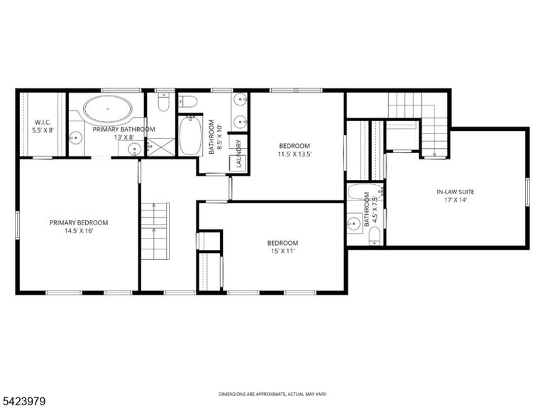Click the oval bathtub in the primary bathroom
tap(108, 109)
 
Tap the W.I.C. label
tap(43, 122)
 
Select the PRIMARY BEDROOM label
tap(79, 222)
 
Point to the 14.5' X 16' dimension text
tap(79, 231)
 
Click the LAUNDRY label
tap(238, 154)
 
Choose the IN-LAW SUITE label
tap(456, 192)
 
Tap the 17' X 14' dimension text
tap(456, 200)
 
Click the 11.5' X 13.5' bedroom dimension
tap(294, 154)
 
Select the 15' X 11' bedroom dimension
tap(282, 251)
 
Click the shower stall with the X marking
tap(161, 147)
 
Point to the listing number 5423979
tap(23, 402)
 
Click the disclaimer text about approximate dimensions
tap(272, 394)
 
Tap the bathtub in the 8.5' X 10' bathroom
tap(190, 135)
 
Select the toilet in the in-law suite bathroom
tap(375, 237)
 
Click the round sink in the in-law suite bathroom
tap(355, 222)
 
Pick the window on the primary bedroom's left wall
tap(17, 225)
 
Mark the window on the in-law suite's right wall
tap(527, 192)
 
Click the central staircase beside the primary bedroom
tap(155, 231)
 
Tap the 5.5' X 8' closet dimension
tap(43, 131)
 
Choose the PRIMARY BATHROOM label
tap(123, 130)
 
